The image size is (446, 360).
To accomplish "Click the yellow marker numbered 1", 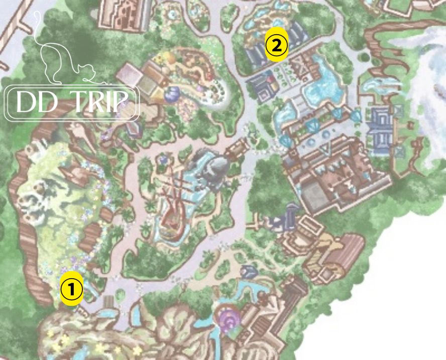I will (x=71, y=289).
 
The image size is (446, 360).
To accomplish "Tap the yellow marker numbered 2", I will (x=276, y=46).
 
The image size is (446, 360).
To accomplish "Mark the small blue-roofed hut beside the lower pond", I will (x=249, y=272).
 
